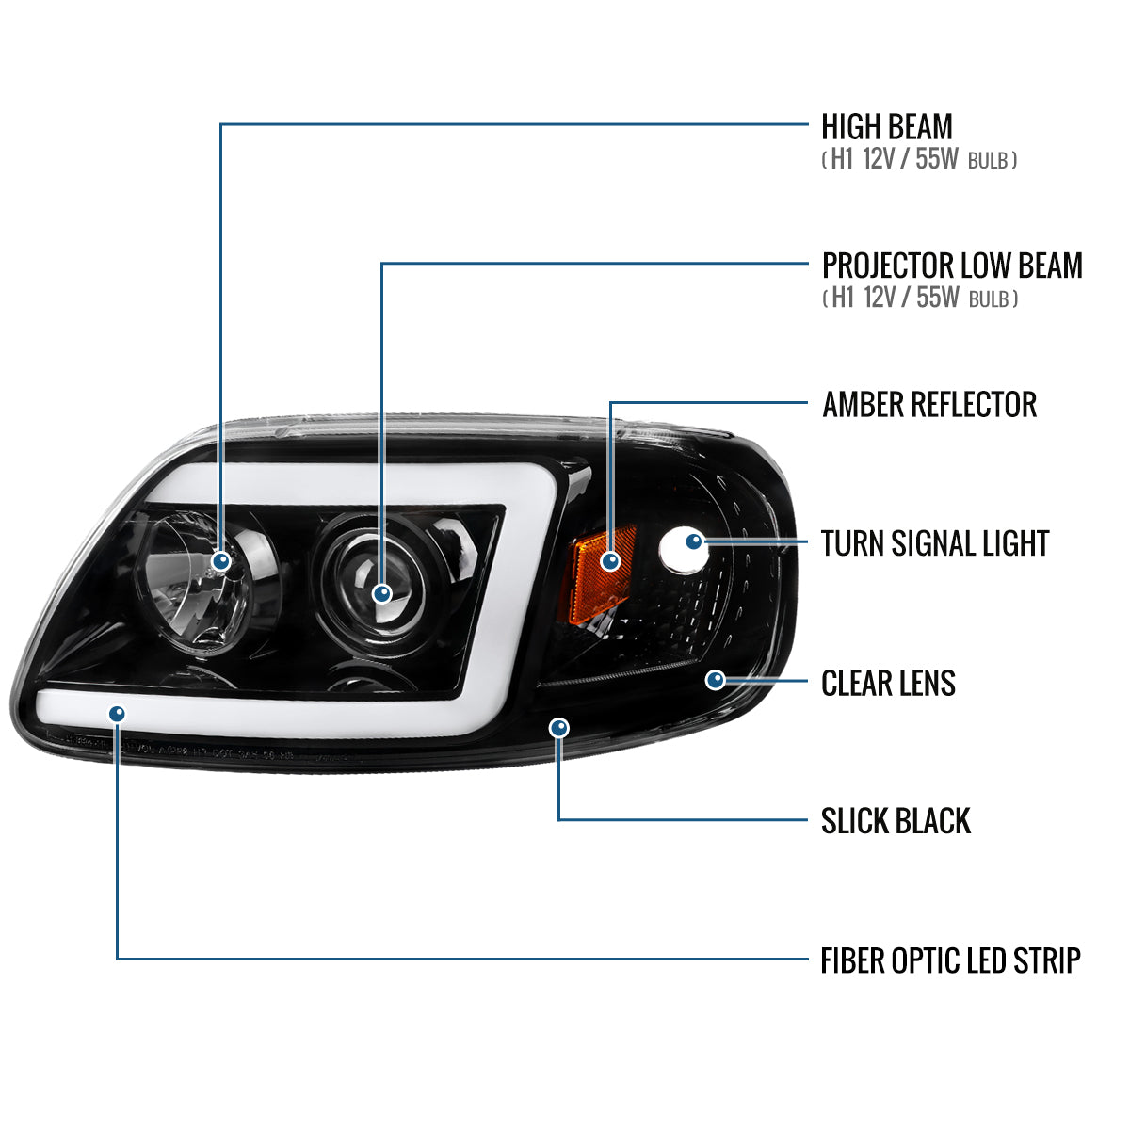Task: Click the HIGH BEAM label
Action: click(x=886, y=127)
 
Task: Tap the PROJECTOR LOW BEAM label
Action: click(x=952, y=266)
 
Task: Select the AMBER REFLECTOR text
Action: click(x=929, y=405)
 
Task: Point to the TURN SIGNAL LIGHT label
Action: click(x=934, y=544)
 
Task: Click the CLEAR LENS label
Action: click(x=888, y=684)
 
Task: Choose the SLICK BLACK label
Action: click(x=895, y=821)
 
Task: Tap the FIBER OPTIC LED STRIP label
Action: click(x=950, y=961)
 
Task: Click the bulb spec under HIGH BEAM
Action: click(x=919, y=160)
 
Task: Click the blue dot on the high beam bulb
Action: click(x=221, y=561)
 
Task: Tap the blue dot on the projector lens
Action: click(x=382, y=593)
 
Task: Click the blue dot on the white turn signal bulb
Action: click(x=694, y=541)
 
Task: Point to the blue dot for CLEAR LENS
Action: click(x=716, y=680)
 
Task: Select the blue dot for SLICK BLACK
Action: click(x=559, y=727)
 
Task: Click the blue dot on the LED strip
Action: click(x=117, y=715)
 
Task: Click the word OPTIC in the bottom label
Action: click(x=923, y=961)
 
